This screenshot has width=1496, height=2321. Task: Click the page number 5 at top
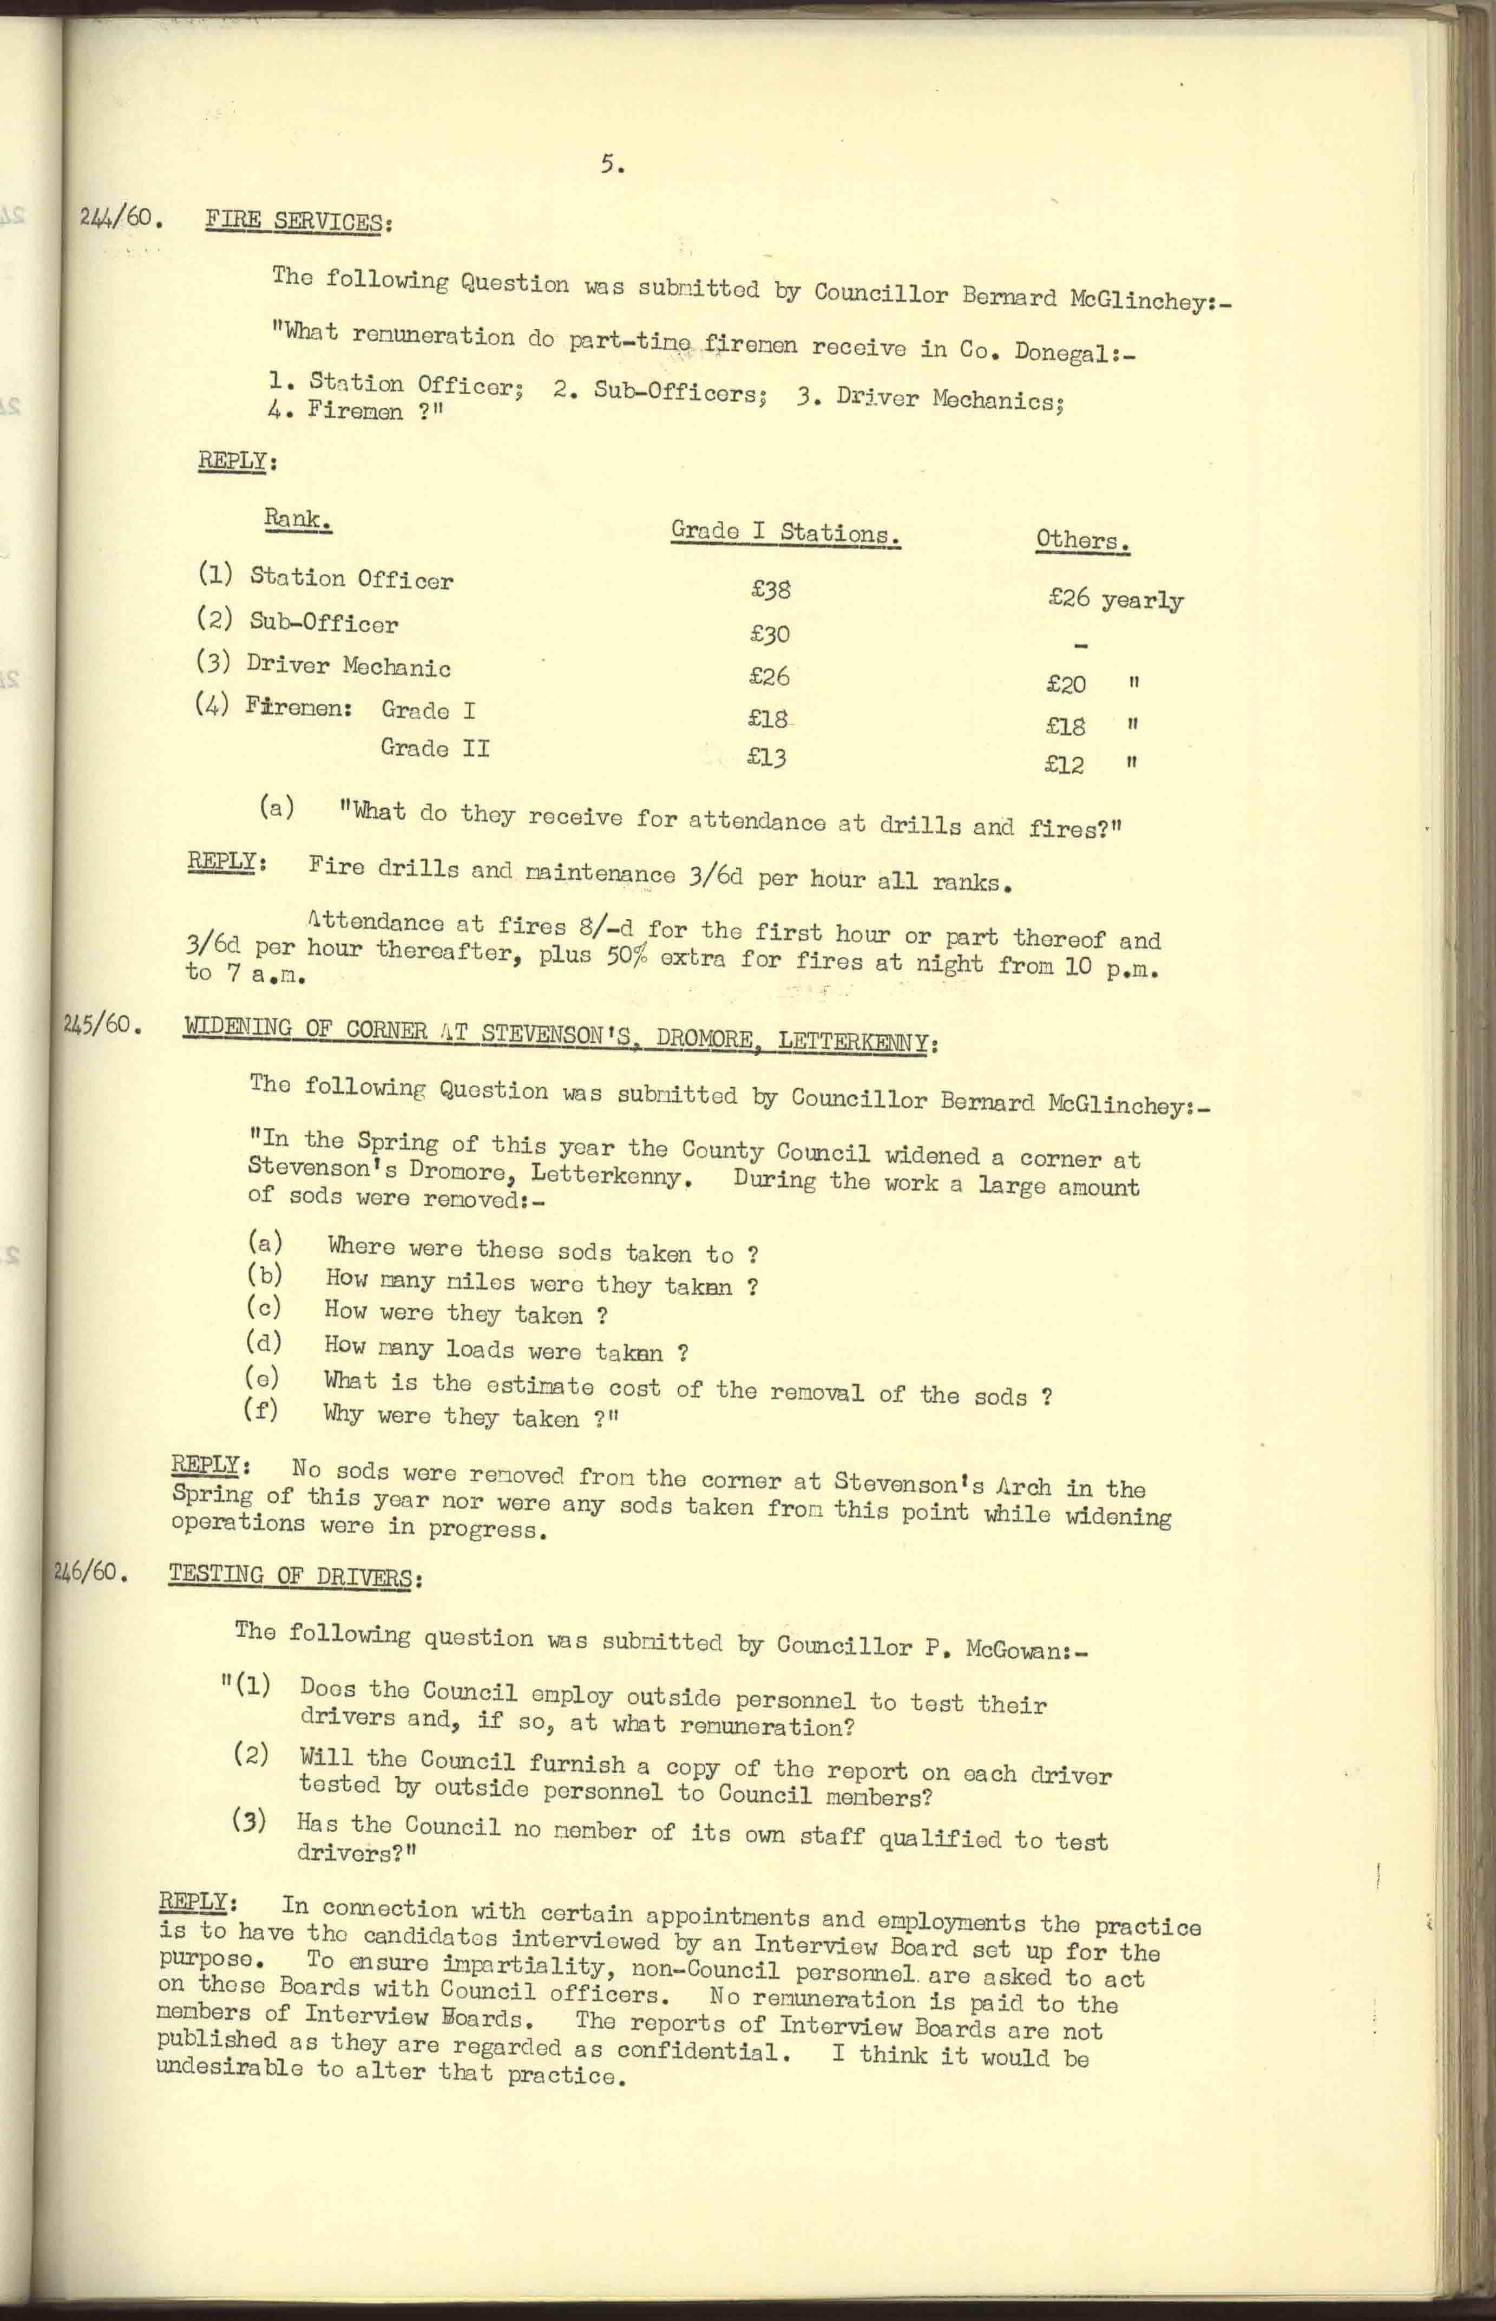click(x=611, y=166)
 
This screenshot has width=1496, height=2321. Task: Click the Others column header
click(x=1082, y=540)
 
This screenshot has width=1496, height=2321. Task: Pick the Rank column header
click(x=297, y=520)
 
